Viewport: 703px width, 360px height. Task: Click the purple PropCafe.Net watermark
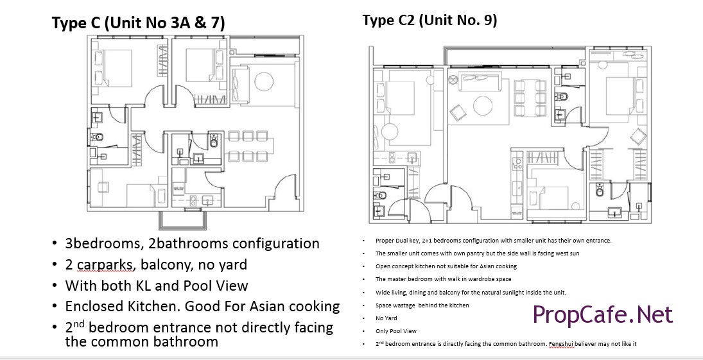click(603, 314)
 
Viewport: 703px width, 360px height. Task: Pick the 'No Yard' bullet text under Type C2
click(386, 318)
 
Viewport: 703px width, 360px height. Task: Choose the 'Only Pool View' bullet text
click(396, 331)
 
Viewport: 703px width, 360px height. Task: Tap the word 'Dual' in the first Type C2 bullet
click(401, 241)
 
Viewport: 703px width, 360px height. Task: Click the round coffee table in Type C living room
click(263, 81)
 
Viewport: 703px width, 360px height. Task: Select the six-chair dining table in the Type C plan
click(248, 146)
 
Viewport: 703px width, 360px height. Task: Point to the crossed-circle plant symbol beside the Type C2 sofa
click(453, 80)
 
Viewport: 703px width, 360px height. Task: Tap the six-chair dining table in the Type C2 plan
click(530, 98)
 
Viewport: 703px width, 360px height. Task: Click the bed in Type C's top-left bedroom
click(114, 67)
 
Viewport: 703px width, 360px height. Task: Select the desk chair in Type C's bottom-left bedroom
click(103, 187)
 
